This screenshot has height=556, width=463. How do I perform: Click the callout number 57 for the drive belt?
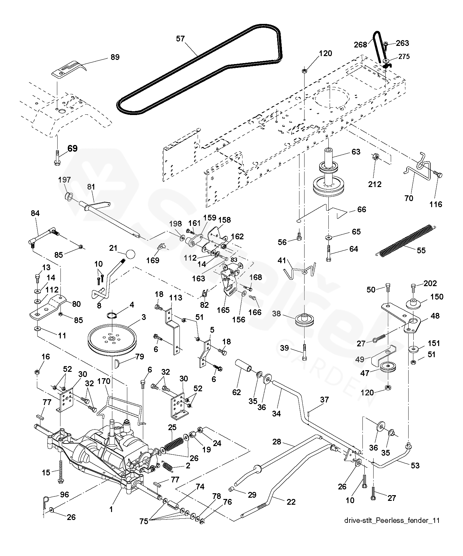coord(180,39)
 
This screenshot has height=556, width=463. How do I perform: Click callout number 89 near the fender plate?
coord(115,57)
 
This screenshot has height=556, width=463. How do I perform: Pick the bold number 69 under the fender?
coord(73,148)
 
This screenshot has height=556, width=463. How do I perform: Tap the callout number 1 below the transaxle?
coord(111,509)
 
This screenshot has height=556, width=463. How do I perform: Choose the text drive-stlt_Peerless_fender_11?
coord(392,520)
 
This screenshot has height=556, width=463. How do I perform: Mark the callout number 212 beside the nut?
coord(375,184)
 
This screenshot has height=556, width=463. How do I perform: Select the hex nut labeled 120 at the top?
coord(304,70)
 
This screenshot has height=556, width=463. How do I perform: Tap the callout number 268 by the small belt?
coord(360,45)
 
